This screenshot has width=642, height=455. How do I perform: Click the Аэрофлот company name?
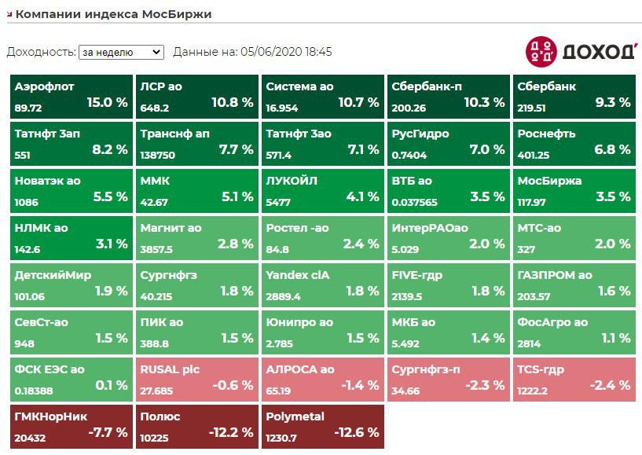[44, 86]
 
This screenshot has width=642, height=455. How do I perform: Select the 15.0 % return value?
[107, 102]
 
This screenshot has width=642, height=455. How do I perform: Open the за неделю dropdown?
[121, 52]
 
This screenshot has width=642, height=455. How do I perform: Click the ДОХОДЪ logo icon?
[541, 51]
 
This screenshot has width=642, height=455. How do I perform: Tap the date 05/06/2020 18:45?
[286, 52]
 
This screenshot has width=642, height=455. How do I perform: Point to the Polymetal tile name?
[295, 416]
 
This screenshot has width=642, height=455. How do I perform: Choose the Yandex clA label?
[299, 275]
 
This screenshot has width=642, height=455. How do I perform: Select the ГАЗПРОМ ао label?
[555, 275]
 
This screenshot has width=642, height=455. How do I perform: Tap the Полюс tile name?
[160, 416]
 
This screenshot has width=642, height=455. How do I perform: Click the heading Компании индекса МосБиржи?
[114, 14]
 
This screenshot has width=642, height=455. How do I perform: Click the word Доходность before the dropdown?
[40, 52]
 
